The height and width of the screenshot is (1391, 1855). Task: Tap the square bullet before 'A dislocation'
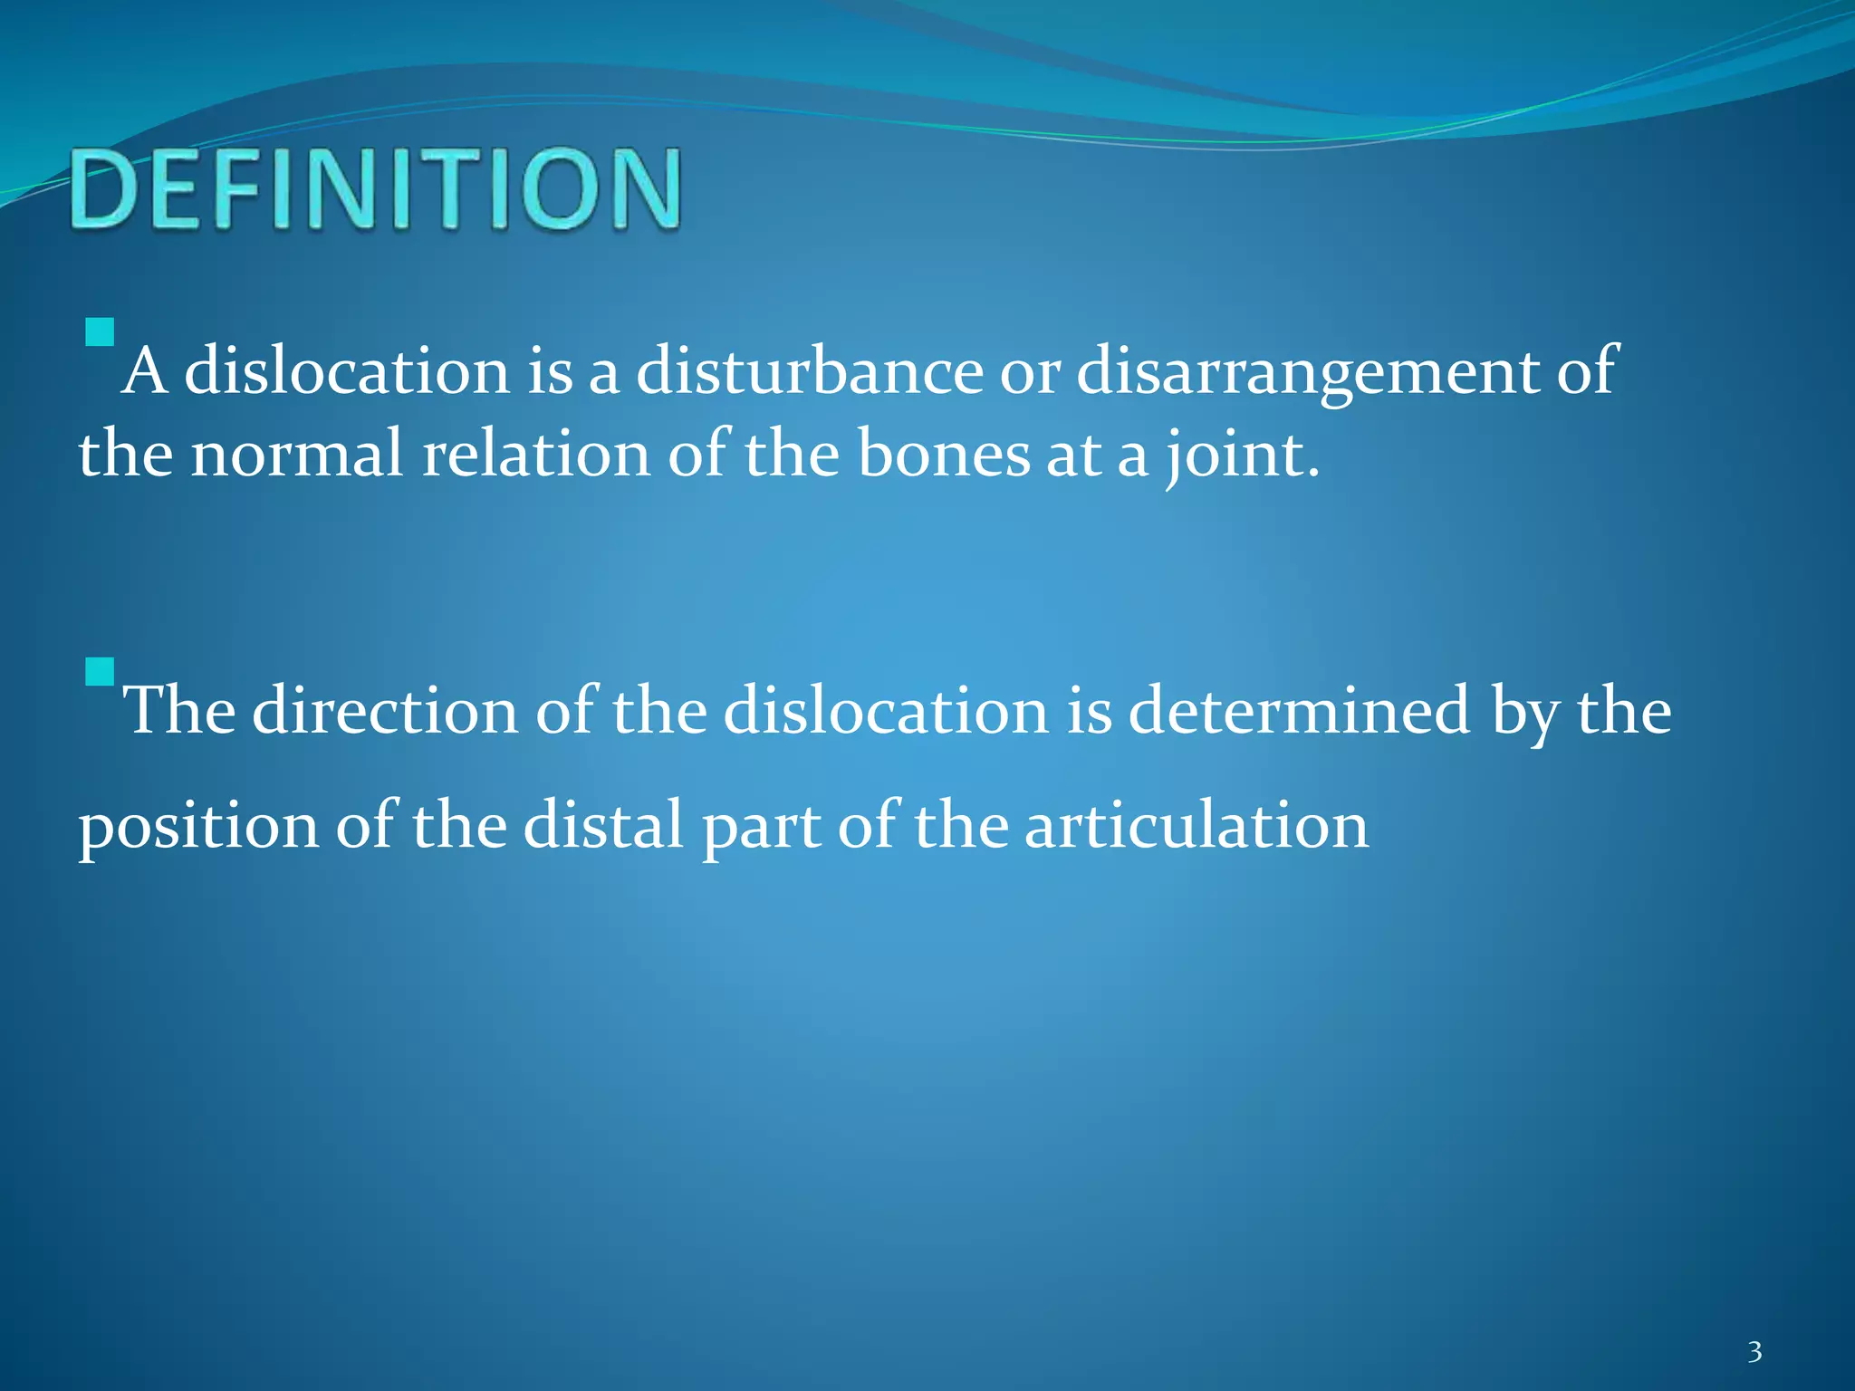[x=100, y=332]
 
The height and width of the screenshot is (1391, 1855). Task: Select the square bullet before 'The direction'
[x=100, y=672]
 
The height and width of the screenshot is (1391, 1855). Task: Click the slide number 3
[x=1754, y=1352]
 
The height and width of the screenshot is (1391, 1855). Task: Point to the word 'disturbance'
[x=810, y=371]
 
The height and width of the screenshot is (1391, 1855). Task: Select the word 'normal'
[x=296, y=454]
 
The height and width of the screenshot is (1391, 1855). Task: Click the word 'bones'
[x=943, y=454]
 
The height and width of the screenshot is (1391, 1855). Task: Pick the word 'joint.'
[x=1241, y=457]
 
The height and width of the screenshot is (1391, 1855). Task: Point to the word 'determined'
[x=1299, y=711]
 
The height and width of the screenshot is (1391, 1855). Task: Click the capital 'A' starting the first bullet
[x=145, y=371]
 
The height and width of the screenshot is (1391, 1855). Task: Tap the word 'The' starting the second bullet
[x=179, y=711]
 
